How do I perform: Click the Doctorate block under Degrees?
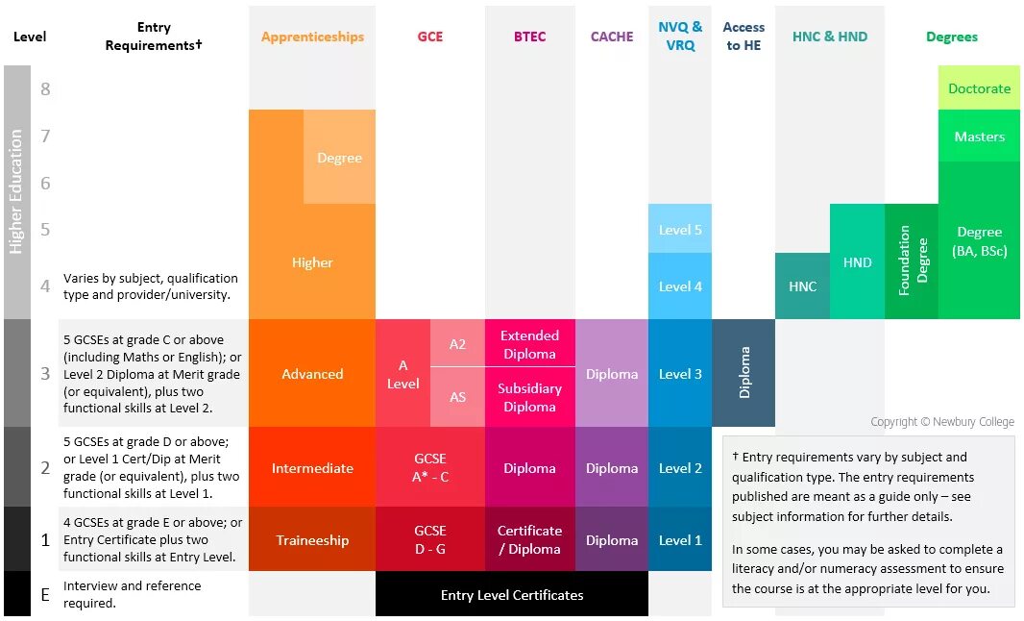(979, 88)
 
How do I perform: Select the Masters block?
(979, 137)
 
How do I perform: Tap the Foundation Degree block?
(912, 261)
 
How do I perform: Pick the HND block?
(857, 261)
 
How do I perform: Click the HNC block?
(802, 286)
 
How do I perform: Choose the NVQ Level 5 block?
(680, 230)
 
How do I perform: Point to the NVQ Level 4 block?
(680, 286)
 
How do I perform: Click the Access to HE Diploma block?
(744, 373)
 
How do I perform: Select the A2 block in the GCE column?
(457, 343)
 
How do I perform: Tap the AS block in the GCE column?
(457, 396)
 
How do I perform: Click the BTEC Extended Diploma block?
(529, 344)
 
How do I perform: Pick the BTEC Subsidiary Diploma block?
(529, 397)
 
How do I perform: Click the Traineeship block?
(312, 540)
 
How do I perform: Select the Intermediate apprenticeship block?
(312, 468)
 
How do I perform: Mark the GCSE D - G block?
(430, 539)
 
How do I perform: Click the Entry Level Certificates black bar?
(512, 595)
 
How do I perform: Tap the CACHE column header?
(612, 37)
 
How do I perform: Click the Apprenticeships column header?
(312, 37)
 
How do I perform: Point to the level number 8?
(45, 89)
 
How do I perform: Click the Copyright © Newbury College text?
(941, 422)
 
